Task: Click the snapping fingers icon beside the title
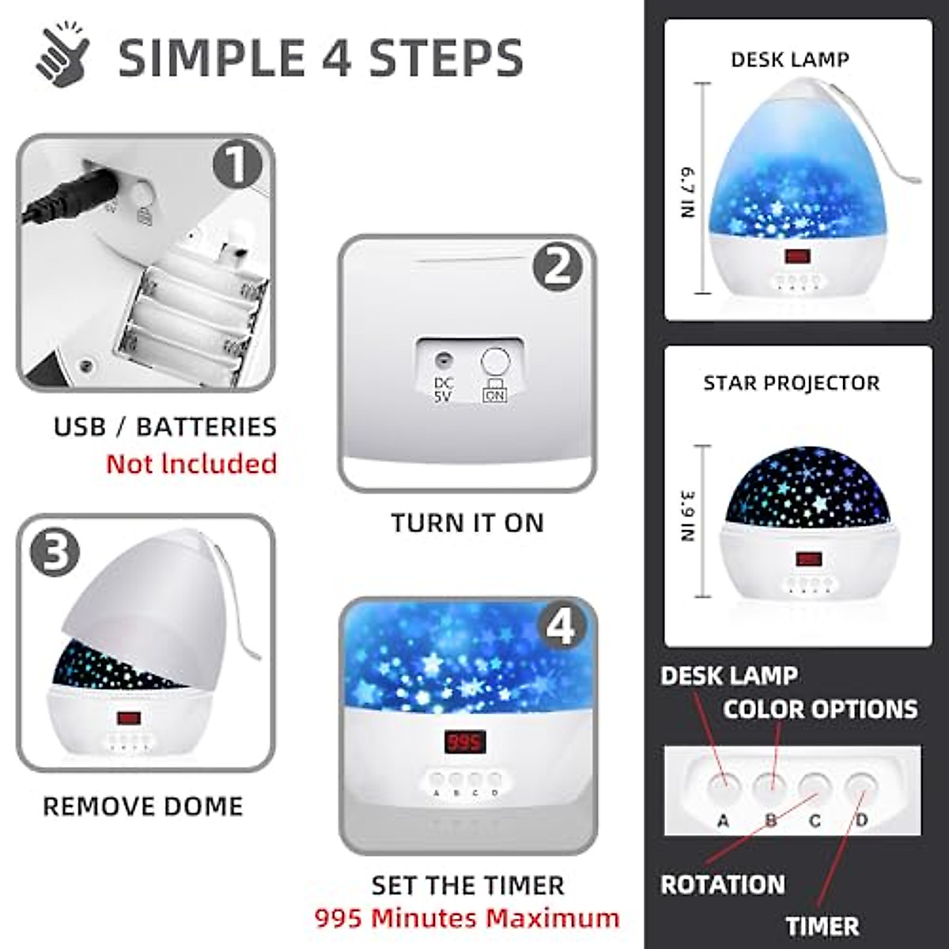point(63,58)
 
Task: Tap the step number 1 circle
point(236,165)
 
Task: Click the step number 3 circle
point(55,551)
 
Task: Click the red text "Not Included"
point(191,463)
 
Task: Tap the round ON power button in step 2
point(495,362)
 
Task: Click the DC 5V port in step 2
point(443,362)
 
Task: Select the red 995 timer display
point(463,742)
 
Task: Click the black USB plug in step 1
point(71,198)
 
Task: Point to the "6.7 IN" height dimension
point(689,191)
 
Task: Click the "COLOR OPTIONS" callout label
point(820,709)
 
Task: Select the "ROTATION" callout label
point(722,884)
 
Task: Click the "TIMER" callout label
point(822,926)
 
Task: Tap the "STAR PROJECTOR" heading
point(791,383)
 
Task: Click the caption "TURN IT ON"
point(467,523)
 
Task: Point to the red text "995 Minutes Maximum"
point(467,918)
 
